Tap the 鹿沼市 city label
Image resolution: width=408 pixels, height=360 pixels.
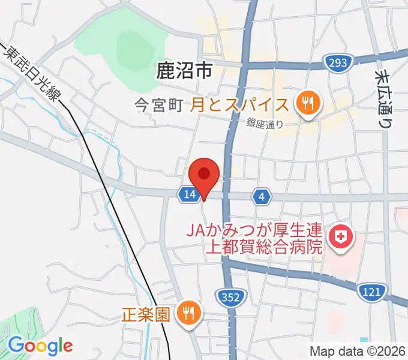pyautogui.click(x=184, y=72)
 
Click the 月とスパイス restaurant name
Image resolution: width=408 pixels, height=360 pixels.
pyautogui.click(x=240, y=105)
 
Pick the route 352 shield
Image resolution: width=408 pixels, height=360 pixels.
pyautogui.click(x=229, y=296)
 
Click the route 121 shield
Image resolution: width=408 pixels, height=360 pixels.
pyautogui.click(x=370, y=292)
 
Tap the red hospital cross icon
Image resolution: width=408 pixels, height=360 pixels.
pyautogui.click(x=341, y=237)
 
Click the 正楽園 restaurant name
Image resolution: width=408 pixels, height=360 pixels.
pyautogui.click(x=148, y=314)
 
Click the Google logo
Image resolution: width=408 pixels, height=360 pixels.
pyautogui.click(x=40, y=346)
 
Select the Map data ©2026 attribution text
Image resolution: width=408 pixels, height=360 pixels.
pyautogui.click(x=356, y=351)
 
